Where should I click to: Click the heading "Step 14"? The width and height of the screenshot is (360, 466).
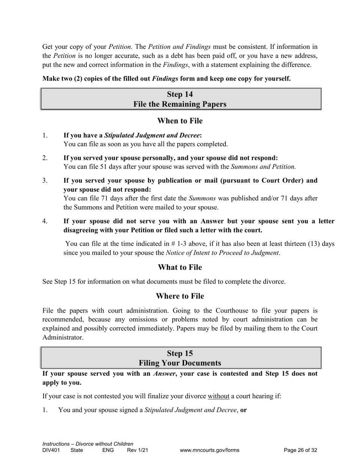[180, 94]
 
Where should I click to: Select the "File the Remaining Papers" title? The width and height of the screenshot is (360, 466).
[180, 104]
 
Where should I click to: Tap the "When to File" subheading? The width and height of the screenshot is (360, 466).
[180, 121]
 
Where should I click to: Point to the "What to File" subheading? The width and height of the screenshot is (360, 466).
[180, 267]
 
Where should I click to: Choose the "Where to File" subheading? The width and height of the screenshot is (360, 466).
[180, 296]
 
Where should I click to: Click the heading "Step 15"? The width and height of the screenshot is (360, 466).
[180, 353]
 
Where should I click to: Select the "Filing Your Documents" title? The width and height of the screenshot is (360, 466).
[180, 363]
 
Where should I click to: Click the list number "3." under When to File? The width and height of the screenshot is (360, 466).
[45, 181]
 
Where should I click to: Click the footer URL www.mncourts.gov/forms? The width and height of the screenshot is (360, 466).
[210, 450]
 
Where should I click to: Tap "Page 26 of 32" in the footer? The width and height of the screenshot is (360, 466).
[300, 450]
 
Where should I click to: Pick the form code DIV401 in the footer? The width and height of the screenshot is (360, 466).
[51, 450]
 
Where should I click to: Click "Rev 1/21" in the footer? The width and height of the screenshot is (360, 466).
[137, 450]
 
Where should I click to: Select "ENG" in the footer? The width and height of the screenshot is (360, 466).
[108, 450]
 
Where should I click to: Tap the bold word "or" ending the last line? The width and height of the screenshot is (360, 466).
[244, 410]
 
